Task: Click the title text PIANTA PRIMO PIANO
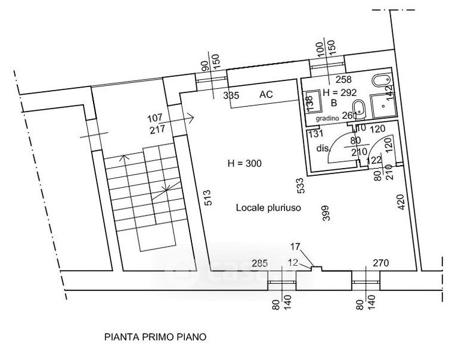(155, 337)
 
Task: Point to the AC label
(267, 95)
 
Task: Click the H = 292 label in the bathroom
(340, 92)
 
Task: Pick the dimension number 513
(208, 198)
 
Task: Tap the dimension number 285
(259, 263)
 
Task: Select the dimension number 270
(382, 263)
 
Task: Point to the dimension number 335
(232, 95)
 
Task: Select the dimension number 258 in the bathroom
(343, 79)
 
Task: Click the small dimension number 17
(295, 246)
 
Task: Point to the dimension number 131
(316, 134)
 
